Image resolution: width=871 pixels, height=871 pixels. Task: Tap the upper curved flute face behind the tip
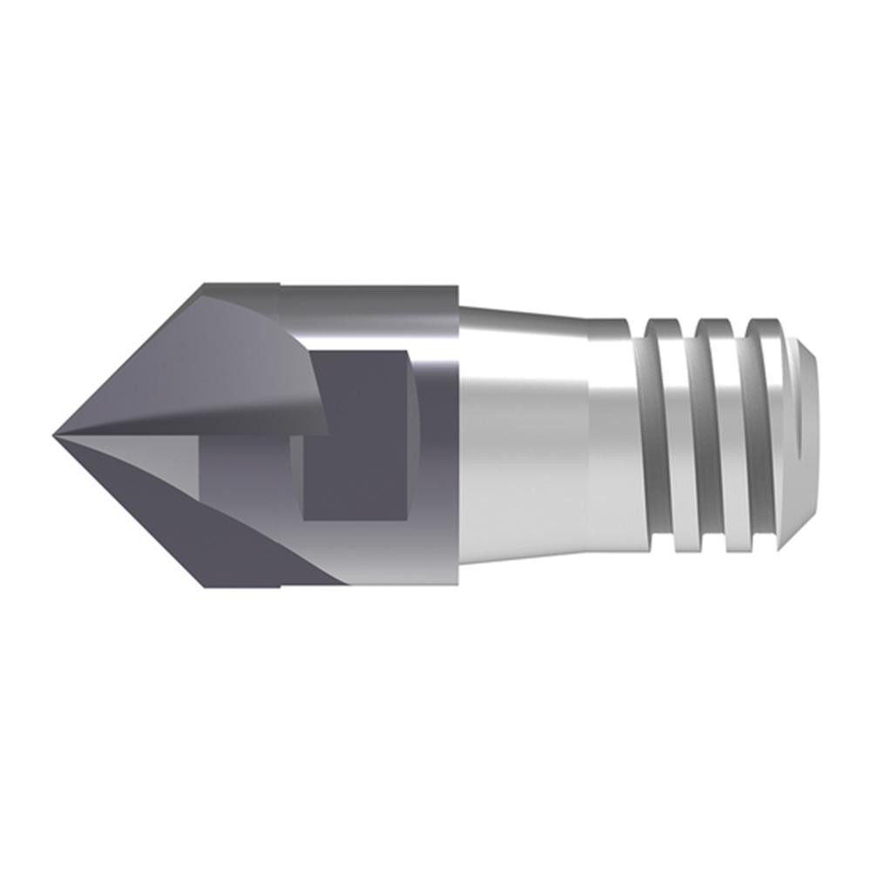pos(235,357)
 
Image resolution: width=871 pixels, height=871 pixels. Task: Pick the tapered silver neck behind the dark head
pos(523,435)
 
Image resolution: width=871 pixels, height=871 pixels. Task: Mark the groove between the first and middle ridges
pos(690,435)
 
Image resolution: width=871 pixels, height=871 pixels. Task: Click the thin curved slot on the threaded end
pos(799,435)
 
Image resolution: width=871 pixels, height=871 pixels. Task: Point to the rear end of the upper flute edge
pos(327,430)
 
